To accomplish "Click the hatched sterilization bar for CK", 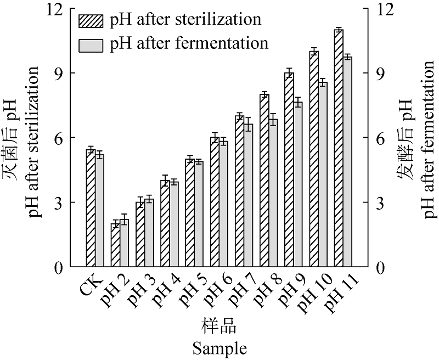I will click(91, 209).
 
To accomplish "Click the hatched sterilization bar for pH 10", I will click(314, 159).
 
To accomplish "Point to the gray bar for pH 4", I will click(174, 224).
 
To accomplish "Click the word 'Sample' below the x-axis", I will click(219, 348).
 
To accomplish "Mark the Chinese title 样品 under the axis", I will click(219, 328).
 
